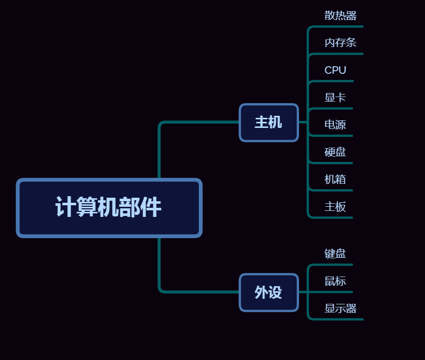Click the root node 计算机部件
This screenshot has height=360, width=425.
pos(109,207)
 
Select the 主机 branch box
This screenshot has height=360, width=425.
pos(269,122)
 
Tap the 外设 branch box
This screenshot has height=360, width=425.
pos(269,292)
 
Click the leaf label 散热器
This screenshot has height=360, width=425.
pos(341,16)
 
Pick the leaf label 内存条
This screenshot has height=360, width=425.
pos(341,43)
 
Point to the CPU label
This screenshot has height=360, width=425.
pos(335,70)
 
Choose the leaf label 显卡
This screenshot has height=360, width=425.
pos(335,98)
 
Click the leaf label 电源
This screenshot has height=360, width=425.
pos(335,125)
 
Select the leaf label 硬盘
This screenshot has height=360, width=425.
pos(335,152)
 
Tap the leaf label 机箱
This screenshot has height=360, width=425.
pos(335,179)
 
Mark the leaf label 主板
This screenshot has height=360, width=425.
pos(335,207)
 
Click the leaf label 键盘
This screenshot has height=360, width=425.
pos(335,254)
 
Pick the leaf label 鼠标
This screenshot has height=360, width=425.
pos(335,281)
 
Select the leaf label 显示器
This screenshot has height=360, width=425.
pos(341,308)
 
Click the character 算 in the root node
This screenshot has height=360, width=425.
pos(87,207)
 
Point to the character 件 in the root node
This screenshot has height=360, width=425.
pos(151,207)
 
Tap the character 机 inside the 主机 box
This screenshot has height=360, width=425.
pos(275,122)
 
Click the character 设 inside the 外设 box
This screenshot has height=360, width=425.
pos(275,292)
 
